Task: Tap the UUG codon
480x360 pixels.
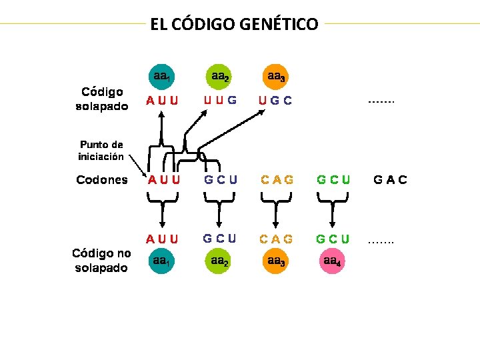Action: point(220,101)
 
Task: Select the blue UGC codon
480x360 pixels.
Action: point(275,102)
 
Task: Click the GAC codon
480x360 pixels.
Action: point(391,179)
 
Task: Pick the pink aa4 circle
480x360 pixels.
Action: point(331,261)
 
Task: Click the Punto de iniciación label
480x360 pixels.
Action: point(102,151)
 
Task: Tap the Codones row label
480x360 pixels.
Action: point(102,179)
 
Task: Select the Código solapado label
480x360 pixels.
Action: point(102,99)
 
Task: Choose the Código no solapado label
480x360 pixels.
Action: point(101,260)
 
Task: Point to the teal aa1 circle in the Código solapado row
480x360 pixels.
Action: point(162,77)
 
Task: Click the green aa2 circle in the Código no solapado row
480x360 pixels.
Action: point(220,261)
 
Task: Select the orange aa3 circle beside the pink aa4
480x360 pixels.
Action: point(276,261)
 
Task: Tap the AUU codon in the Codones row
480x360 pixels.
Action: point(163,179)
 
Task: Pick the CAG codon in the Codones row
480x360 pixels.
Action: point(277,179)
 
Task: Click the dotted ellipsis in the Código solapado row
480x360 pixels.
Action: point(381,103)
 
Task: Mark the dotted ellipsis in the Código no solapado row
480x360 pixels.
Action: point(381,241)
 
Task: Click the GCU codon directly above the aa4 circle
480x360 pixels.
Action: point(333,238)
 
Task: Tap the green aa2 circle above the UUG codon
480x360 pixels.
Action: point(220,77)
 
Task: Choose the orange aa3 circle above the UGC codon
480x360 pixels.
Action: point(276,77)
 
